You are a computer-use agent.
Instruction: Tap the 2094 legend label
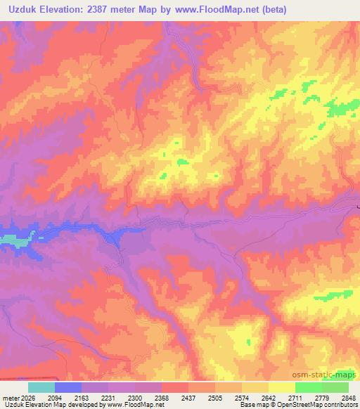pos(56,397)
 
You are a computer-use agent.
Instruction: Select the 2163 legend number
pos(82,397)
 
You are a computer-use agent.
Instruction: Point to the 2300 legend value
pos(136,397)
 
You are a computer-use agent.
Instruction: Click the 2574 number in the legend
pos(243,397)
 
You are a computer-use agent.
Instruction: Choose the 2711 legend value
pos(296,397)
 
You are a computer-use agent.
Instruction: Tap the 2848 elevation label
pos(348,397)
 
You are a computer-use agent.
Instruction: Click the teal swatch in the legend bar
pos(41,387)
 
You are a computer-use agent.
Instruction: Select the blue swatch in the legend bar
pos(68,387)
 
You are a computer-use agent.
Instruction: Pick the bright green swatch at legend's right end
pos(335,387)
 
